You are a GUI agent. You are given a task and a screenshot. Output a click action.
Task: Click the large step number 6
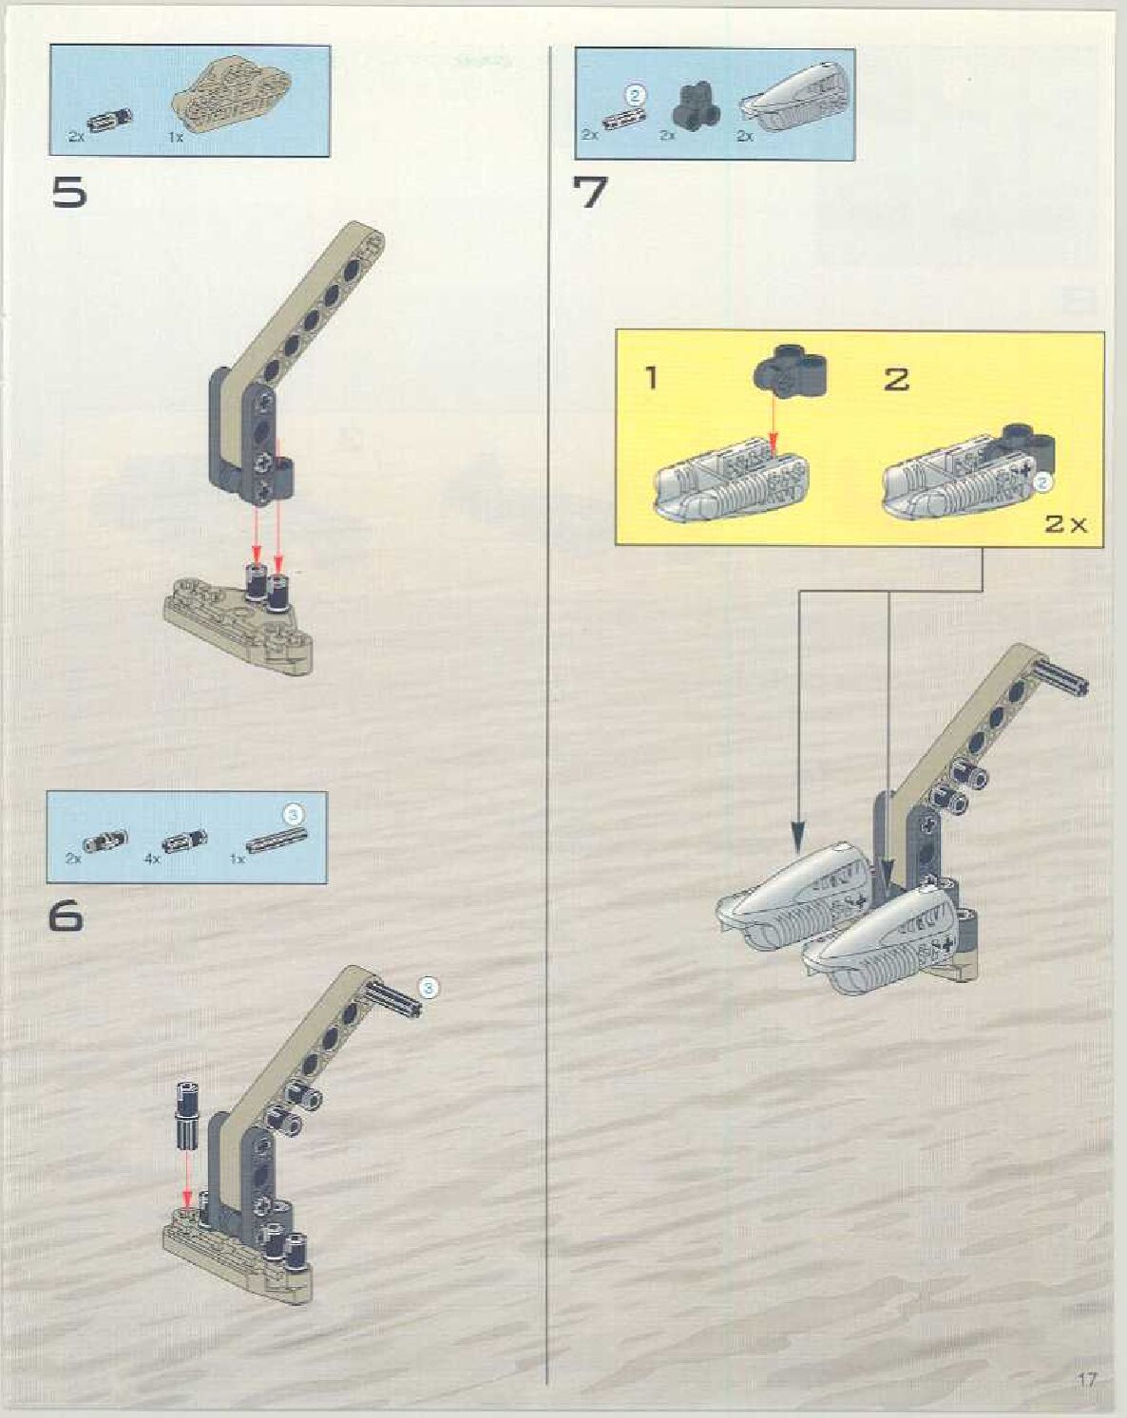66,916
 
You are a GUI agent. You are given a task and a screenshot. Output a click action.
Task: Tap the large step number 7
591,193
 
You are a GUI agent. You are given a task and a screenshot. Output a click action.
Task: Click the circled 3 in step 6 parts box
295,815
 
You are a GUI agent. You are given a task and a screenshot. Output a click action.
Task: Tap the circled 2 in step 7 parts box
635,96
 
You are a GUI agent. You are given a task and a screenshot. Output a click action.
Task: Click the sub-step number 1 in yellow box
652,378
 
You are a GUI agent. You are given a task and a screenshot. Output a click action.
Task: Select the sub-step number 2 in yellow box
897,380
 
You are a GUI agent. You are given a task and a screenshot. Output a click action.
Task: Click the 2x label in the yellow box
1065,524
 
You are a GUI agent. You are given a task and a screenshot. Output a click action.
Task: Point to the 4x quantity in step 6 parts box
152,860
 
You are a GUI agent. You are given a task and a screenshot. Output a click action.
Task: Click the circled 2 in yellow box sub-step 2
1042,483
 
